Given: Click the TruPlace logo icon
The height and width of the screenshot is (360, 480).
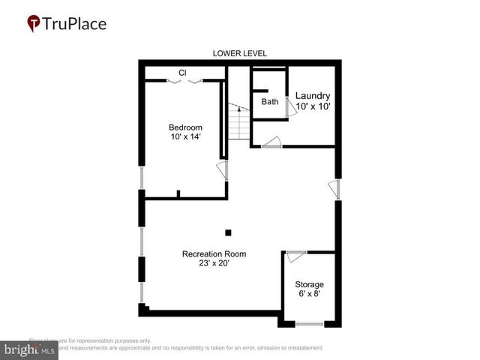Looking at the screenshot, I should click(x=34, y=23).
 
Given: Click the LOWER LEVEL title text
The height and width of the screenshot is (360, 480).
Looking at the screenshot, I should click(x=239, y=53).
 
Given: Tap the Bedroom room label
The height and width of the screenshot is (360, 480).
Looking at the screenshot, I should click(x=184, y=127).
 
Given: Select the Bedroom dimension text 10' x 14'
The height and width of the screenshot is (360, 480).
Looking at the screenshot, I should click(x=184, y=137).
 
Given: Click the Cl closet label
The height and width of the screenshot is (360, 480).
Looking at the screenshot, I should click(x=182, y=73).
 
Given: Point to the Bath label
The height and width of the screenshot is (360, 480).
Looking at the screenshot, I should click(x=270, y=101).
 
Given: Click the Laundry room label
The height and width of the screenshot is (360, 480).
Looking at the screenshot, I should click(x=313, y=96).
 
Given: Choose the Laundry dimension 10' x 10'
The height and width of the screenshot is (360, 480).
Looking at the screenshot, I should click(x=313, y=107).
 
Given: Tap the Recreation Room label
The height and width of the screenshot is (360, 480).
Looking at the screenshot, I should click(x=214, y=253).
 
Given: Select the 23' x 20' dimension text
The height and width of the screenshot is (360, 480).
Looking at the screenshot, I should click(x=214, y=264).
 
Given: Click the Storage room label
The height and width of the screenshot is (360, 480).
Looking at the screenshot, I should click(x=309, y=284).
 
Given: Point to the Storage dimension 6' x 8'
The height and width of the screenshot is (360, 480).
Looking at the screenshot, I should click(x=309, y=295).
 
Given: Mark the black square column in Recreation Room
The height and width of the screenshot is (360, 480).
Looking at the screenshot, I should click(x=229, y=232).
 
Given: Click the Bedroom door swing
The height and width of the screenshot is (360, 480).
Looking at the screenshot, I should click(x=222, y=169).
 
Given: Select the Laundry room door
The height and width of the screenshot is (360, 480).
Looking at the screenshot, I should click(x=271, y=142).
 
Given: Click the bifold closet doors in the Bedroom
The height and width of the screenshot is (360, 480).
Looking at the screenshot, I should click(x=184, y=81).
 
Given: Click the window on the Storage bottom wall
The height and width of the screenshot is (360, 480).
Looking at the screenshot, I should click(x=309, y=323).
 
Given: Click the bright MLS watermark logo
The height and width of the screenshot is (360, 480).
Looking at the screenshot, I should click(x=28, y=349).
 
